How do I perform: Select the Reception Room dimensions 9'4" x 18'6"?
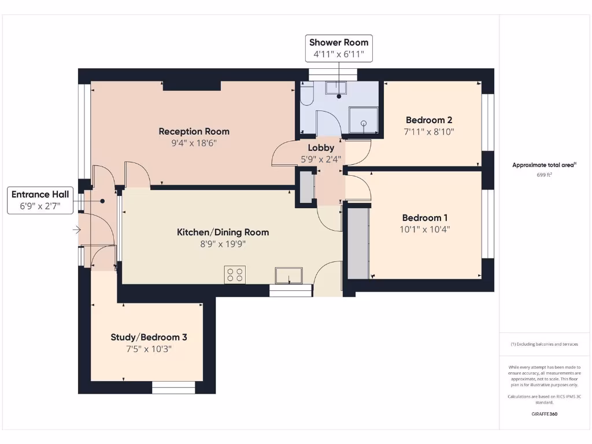point(194,143)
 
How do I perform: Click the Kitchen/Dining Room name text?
point(223,232)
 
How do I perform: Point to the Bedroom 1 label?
point(425,218)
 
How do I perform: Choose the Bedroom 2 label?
point(429,120)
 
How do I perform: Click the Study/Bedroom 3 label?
point(149,337)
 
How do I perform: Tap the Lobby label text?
point(321,148)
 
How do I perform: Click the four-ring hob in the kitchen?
point(235,275)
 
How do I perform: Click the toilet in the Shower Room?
point(306,94)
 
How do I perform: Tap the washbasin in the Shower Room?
point(335,88)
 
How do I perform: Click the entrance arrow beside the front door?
point(76,230)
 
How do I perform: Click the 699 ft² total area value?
point(544,174)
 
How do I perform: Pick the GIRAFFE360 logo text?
point(544,414)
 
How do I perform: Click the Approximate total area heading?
point(544,165)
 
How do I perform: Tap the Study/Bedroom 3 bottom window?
point(168,387)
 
